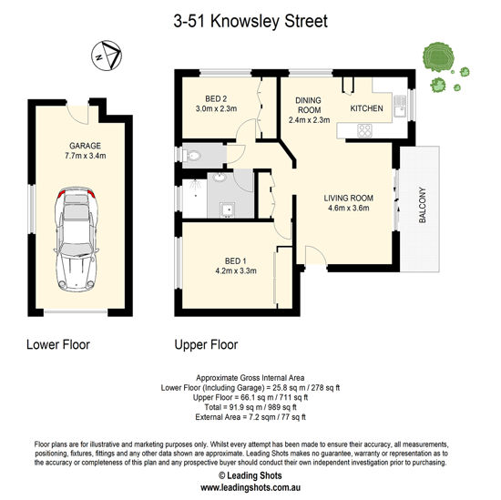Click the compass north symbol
(x=107, y=56)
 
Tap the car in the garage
(x=77, y=239)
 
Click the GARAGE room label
(x=85, y=146)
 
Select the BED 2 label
(x=216, y=99)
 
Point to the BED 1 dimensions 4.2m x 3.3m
(x=236, y=270)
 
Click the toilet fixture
(x=190, y=156)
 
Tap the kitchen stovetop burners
(x=364, y=130)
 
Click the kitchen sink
(x=399, y=107)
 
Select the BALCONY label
(x=423, y=205)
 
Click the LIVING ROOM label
(x=349, y=198)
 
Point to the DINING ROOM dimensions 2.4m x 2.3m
(x=310, y=120)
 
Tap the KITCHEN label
(x=366, y=108)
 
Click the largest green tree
(x=438, y=57)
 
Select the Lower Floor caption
(x=58, y=344)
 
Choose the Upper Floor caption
(x=206, y=345)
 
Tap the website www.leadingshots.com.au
(x=250, y=488)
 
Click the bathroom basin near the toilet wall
(x=220, y=177)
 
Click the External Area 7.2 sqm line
(x=250, y=417)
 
